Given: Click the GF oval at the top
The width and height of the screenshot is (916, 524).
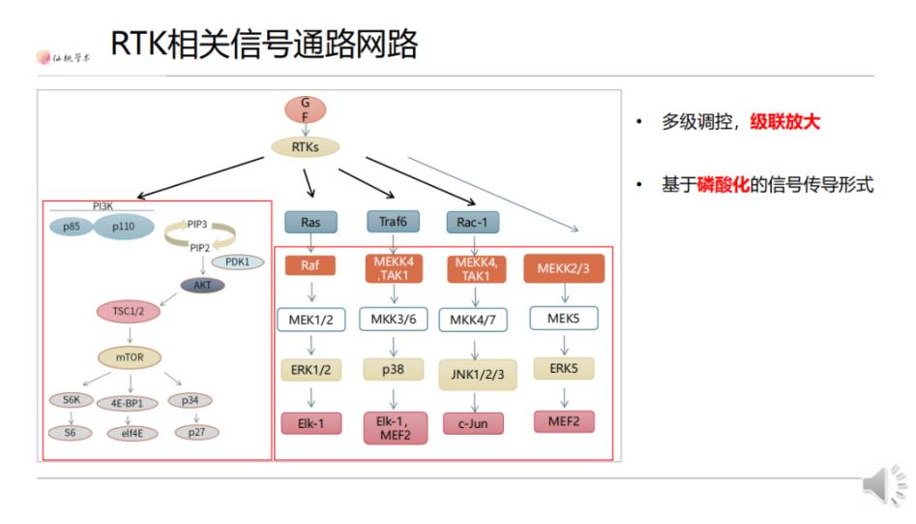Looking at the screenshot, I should pos(305,109).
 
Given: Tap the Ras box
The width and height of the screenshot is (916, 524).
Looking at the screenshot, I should pos(311,222).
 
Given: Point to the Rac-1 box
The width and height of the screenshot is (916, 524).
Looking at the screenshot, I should pos(473,222).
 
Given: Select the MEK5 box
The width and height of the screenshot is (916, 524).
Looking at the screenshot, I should pos(563,318).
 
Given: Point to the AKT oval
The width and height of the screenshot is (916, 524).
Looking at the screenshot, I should pos(202,285).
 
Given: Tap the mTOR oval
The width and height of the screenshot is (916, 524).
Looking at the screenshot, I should pos(130,356).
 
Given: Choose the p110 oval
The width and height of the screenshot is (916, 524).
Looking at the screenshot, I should pos(124,225).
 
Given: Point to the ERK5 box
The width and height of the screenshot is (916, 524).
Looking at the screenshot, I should pos(563,369).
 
